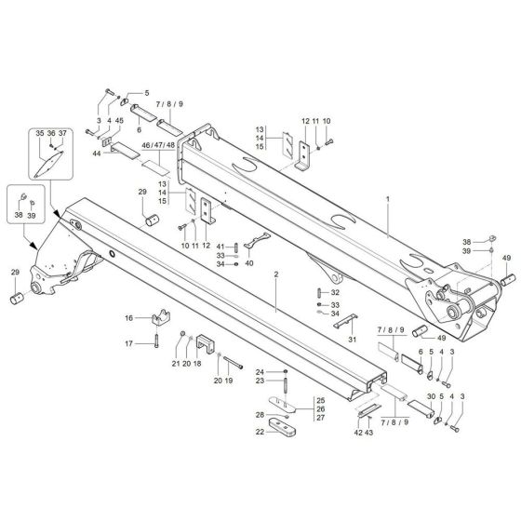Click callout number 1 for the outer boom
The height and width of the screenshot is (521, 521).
click(386, 198)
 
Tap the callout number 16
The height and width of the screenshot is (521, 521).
click(128, 318)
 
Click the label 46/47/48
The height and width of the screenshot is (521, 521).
click(157, 147)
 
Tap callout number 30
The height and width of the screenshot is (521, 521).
click(430, 396)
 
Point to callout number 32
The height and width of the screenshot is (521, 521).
click(335, 291)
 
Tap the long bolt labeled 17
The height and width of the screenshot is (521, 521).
click(156, 344)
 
